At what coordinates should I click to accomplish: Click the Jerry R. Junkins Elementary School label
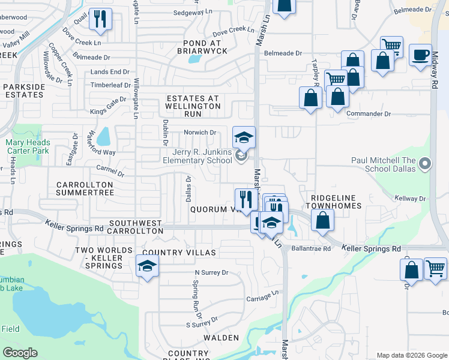pyautogui.click(x=197, y=156)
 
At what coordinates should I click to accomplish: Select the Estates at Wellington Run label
pyautogui.click(x=193, y=106)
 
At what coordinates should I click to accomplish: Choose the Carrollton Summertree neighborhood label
pyautogui.click(x=85, y=188)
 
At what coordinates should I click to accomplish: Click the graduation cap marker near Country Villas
pyautogui.click(x=146, y=266)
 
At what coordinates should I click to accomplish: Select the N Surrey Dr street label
pyautogui.click(x=211, y=272)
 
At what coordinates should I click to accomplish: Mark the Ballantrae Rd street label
pyautogui.click(x=311, y=248)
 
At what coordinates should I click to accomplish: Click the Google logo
pyautogui.click(x=20, y=353)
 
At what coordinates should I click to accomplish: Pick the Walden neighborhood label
pyautogui.click(x=221, y=338)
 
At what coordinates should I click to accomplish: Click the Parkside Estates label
pyautogui.click(x=24, y=91)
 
